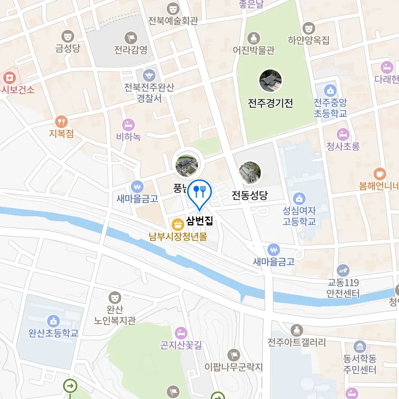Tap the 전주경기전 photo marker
click(271, 81)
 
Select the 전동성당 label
click(250, 196)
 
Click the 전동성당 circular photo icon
click(250, 173)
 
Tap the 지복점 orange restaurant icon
click(61, 121)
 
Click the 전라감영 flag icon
click(131, 38)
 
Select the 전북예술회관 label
click(173, 20)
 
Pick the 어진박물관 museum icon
click(254, 39)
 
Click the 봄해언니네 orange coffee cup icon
click(379, 174)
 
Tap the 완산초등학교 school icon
click(53, 320)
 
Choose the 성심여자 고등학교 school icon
click(299, 198)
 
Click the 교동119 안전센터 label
click(343, 288)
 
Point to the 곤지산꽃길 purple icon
click(181, 332)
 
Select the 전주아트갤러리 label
click(297, 342)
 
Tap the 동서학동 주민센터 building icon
click(359, 346)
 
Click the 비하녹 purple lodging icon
click(128, 124)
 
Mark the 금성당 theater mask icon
click(68, 36)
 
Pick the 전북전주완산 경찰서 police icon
click(149, 75)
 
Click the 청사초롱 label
click(343, 146)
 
